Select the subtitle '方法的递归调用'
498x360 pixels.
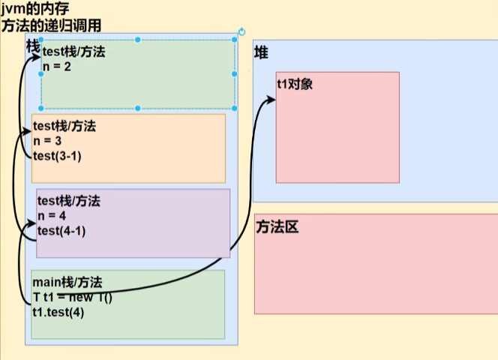(51, 25)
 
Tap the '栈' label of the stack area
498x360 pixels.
(33, 46)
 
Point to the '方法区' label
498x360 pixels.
(277, 226)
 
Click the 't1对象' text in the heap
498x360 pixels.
(295, 84)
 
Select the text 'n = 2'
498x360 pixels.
(56, 66)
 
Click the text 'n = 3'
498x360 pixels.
(46, 140)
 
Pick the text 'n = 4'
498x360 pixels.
(52, 216)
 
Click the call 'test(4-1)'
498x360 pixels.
(61, 231)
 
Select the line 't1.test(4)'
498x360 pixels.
(58, 312)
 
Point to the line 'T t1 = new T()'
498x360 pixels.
(72, 297)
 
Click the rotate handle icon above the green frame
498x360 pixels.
(241, 32)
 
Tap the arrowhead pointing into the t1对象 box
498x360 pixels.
(271, 99)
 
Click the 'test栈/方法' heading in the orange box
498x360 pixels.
(64, 125)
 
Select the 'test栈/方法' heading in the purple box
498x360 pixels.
(69, 201)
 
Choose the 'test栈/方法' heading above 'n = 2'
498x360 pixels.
(74, 51)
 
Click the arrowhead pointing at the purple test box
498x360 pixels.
(31, 223)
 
